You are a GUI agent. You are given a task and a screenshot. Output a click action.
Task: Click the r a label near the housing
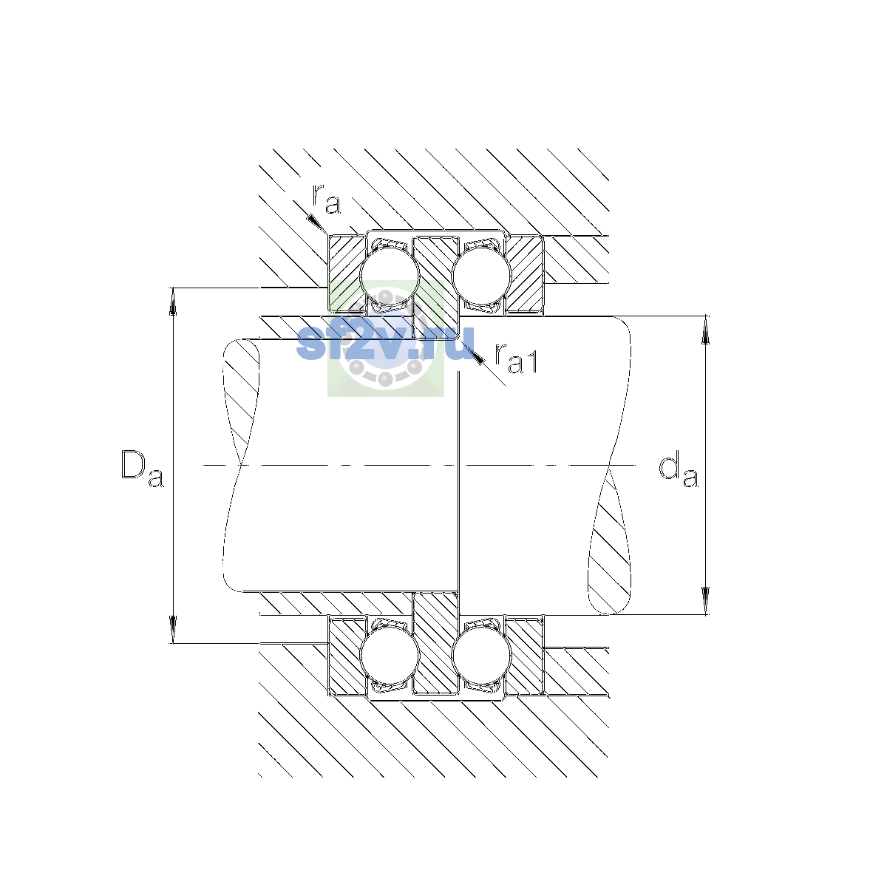click(x=326, y=200)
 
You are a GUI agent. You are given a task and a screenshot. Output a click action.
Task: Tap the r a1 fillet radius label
click(x=516, y=358)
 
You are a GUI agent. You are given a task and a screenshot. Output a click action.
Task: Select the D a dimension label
click(x=142, y=468)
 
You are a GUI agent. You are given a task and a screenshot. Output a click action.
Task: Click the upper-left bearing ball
click(x=390, y=275)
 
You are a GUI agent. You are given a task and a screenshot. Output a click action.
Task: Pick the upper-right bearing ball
click(x=481, y=275)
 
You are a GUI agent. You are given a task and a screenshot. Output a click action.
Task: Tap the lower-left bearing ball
click(x=390, y=656)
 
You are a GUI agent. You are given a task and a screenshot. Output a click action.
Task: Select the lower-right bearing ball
click(x=481, y=656)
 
